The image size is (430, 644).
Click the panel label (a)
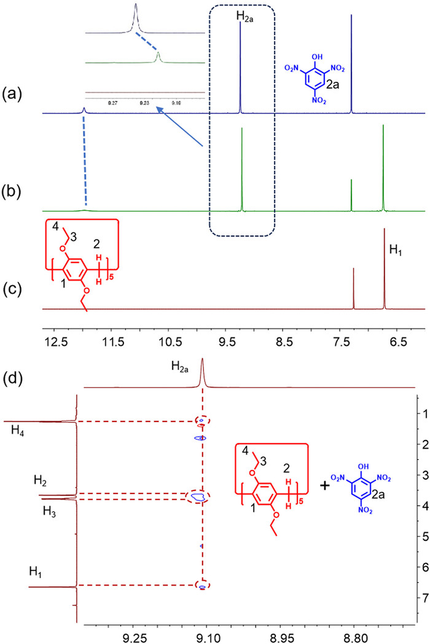pyautogui.click(x=13, y=95)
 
